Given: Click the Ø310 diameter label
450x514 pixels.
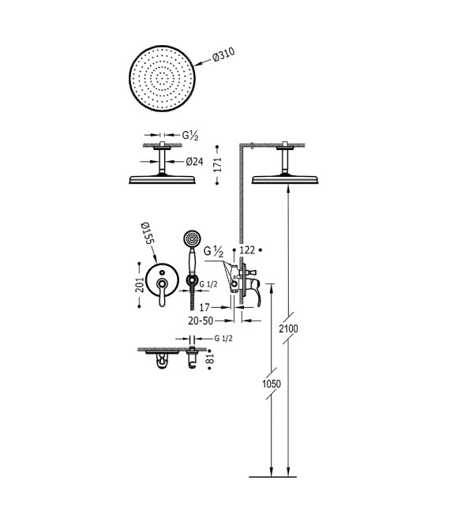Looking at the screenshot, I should click(223, 56).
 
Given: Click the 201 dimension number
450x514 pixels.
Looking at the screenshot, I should click(140, 285).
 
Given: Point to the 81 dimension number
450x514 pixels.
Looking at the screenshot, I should click(210, 359).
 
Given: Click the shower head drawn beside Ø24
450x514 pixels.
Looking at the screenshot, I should click(162, 180).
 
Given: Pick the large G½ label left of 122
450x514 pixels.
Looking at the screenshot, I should click(214, 252).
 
